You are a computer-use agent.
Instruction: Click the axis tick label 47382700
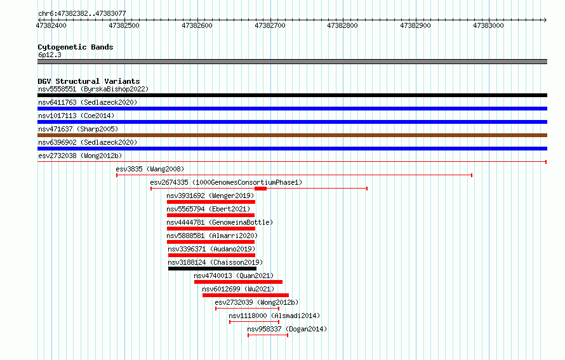click(270, 25)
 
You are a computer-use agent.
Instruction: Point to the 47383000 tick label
click(488, 25)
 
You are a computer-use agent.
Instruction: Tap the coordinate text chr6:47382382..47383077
click(82, 14)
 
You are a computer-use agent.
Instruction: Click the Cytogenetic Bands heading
click(76, 47)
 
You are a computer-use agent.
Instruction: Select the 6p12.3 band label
click(50, 55)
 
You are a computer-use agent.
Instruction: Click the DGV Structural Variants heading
click(89, 81)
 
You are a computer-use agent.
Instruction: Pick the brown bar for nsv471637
click(292, 135)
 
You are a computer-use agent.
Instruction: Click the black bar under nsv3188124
click(212, 269)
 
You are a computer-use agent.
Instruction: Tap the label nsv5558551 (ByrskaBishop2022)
click(93, 89)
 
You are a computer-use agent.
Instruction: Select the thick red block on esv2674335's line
click(260, 189)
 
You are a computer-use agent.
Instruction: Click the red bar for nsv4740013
click(238, 282)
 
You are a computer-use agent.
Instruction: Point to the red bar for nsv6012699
click(246, 295)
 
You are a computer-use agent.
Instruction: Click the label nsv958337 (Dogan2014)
click(287, 329)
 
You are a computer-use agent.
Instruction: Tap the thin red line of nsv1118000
click(255, 322)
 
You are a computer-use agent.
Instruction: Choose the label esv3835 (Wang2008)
click(150, 169)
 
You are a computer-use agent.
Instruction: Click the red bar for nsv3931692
click(211, 202)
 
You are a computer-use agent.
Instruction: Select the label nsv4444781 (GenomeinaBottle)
click(220, 222)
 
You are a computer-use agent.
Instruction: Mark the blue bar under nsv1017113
click(292, 122)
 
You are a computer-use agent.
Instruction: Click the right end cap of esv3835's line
click(472, 175)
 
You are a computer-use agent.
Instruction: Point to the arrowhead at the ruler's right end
click(545, 20)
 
